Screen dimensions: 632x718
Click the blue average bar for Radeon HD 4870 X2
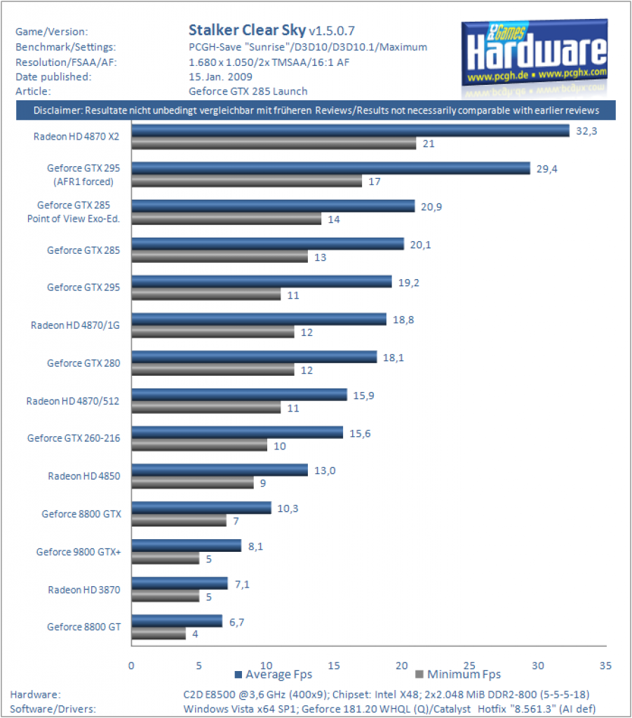[350, 131]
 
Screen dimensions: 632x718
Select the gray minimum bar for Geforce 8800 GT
[159, 634]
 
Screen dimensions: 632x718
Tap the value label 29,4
[547, 169]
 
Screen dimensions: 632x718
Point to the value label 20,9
[431, 207]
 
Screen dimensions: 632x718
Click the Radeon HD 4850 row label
[84, 476]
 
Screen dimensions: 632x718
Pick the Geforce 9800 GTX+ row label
[79, 552]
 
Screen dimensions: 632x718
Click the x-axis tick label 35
[605, 666]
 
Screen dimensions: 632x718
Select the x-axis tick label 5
[199, 666]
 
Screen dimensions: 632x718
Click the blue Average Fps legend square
[238, 675]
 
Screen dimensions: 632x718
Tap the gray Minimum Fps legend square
[419, 674]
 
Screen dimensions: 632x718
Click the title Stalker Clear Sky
[248, 30]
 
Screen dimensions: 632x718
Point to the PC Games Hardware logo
[534, 57]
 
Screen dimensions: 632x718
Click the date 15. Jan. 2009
[220, 77]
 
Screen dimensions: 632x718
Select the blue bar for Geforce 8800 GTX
[201, 508]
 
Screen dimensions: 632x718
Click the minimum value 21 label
[429, 144]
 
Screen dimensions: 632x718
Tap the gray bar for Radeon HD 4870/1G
[213, 332]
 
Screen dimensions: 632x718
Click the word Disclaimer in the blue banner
[58, 110]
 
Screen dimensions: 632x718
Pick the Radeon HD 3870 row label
[84, 590]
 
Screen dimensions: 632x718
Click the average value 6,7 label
[237, 623]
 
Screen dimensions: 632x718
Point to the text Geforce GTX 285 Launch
[248, 91]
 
